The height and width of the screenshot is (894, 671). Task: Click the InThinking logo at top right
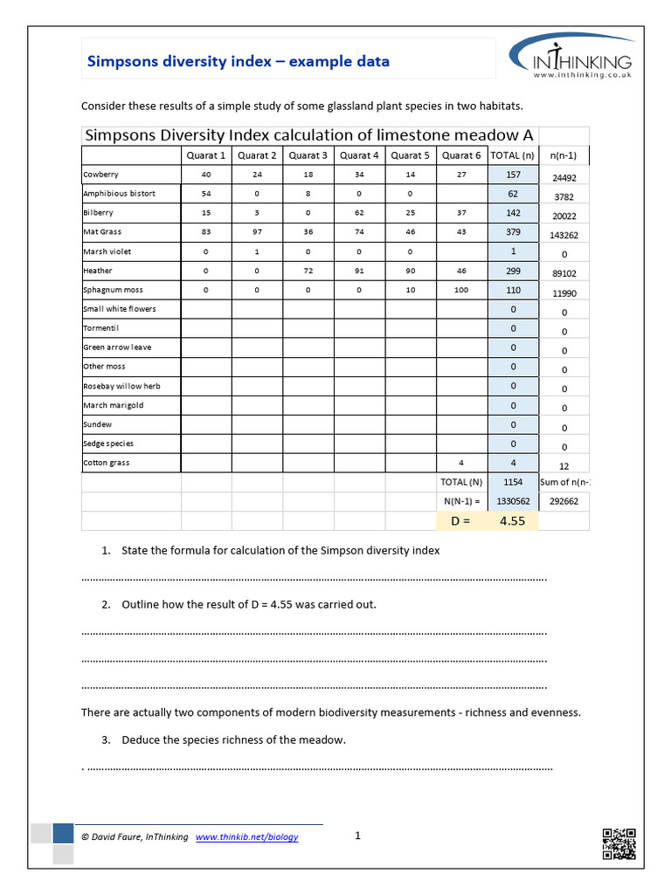571,58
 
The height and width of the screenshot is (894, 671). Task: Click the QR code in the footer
619,843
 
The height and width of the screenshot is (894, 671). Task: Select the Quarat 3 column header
308,155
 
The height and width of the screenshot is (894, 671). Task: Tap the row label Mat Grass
102,232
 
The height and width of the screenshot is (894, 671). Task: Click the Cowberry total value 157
513,175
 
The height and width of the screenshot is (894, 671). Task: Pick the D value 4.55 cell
512,520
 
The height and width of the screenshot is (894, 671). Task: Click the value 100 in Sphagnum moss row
461,290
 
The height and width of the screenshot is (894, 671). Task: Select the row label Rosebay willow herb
121,386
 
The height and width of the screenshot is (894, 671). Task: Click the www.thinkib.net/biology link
246,836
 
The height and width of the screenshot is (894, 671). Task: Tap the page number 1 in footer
357,836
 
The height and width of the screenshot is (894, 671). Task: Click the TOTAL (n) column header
512,155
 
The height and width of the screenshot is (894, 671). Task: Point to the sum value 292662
564,502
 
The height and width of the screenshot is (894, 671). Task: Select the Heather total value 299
513,271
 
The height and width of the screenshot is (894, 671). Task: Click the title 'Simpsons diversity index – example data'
238,61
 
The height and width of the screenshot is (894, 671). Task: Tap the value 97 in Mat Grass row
257,232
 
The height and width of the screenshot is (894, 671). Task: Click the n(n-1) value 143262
564,236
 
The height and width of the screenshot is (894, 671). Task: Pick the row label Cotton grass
106,463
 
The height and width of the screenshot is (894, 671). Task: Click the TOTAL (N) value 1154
513,482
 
